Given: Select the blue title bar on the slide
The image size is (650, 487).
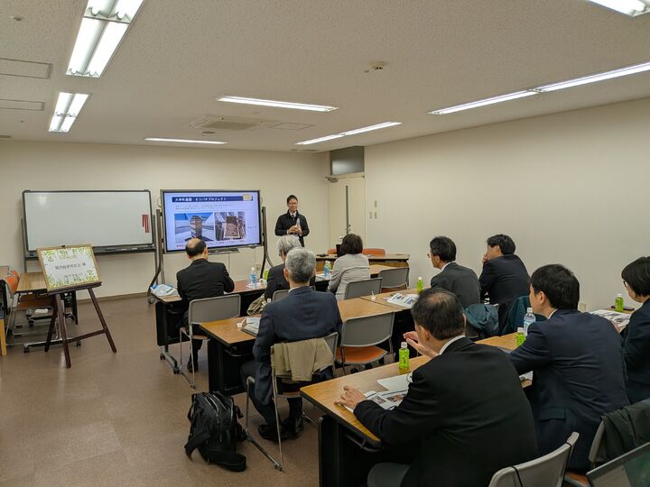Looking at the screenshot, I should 211,199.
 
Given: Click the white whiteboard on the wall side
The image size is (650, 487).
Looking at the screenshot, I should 88,220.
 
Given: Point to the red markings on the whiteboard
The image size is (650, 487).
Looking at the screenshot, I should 144,223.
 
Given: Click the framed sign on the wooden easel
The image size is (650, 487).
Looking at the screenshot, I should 68,268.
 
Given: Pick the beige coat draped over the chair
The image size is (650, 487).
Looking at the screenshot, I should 302,358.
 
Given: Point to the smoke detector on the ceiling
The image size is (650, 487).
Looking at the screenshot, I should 376,66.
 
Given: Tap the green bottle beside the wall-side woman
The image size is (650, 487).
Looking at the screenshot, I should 619,303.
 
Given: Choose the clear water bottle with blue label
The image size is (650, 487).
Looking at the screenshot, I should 528,321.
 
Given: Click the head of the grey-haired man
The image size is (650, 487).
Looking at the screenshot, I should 301,266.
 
